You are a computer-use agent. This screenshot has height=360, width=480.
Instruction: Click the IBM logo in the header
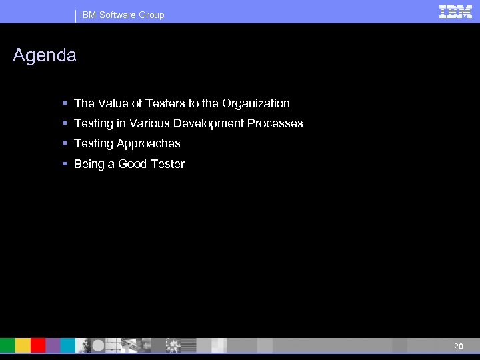pos(456,11)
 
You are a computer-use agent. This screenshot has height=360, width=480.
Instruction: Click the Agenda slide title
pos(45,56)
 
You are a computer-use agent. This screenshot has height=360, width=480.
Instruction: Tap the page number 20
pos(458,346)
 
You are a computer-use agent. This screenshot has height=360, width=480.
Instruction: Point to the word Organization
pos(257,103)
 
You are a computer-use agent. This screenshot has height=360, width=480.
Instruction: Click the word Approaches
pos(149,143)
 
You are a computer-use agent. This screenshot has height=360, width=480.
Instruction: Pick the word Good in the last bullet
pos(133,163)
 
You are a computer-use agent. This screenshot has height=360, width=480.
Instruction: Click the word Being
pos(89,163)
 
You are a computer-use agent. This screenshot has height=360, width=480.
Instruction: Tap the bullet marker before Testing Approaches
pos(65,143)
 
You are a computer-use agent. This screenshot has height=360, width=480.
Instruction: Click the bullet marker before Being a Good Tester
pos(65,163)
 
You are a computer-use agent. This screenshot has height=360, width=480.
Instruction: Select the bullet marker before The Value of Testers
pos(65,103)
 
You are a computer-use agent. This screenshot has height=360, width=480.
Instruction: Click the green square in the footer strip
pos(7,345)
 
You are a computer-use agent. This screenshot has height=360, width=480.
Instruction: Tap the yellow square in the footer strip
pos(23,345)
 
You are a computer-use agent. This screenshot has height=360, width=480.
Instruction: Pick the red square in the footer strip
pos(38,345)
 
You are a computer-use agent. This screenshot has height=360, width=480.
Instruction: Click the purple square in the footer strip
pos(53,345)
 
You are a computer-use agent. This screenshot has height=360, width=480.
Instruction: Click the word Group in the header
pos(152,15)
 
